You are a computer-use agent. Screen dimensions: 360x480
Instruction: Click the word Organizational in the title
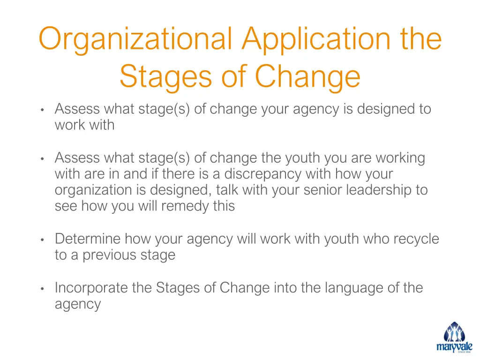(135, 39)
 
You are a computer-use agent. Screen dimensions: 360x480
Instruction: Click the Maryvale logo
(455, 337)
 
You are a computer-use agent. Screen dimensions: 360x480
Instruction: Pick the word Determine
(88, 239)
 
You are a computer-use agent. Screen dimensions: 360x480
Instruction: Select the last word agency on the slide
(78, 304)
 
